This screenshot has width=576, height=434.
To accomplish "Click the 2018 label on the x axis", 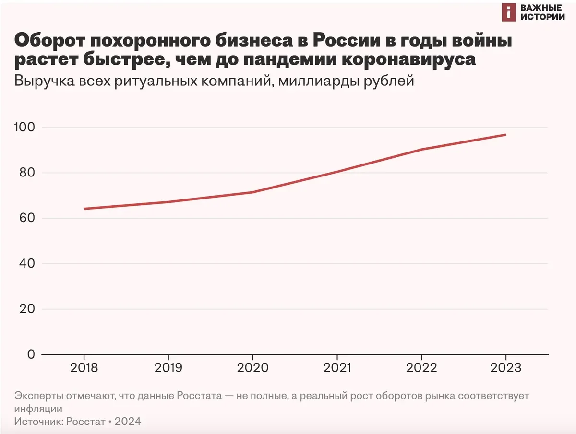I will point(84,368).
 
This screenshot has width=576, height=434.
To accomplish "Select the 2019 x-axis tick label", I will point(168,368).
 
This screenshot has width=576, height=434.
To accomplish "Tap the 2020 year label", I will point(252,368).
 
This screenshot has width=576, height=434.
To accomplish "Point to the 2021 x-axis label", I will point(337,368).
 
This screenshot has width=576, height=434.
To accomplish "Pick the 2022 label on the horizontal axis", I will point(421,368).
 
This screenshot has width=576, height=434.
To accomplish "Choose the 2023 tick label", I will point(505,368).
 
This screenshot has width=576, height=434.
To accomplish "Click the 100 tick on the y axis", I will point(25,127).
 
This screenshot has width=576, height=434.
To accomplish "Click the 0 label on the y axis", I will point(31,354).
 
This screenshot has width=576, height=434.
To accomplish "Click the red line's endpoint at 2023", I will point(505,135).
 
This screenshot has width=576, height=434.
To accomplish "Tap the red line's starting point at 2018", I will point(84,209).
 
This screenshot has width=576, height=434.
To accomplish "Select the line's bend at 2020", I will point(253,192).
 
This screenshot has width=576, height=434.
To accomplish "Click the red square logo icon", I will point(509,13).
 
